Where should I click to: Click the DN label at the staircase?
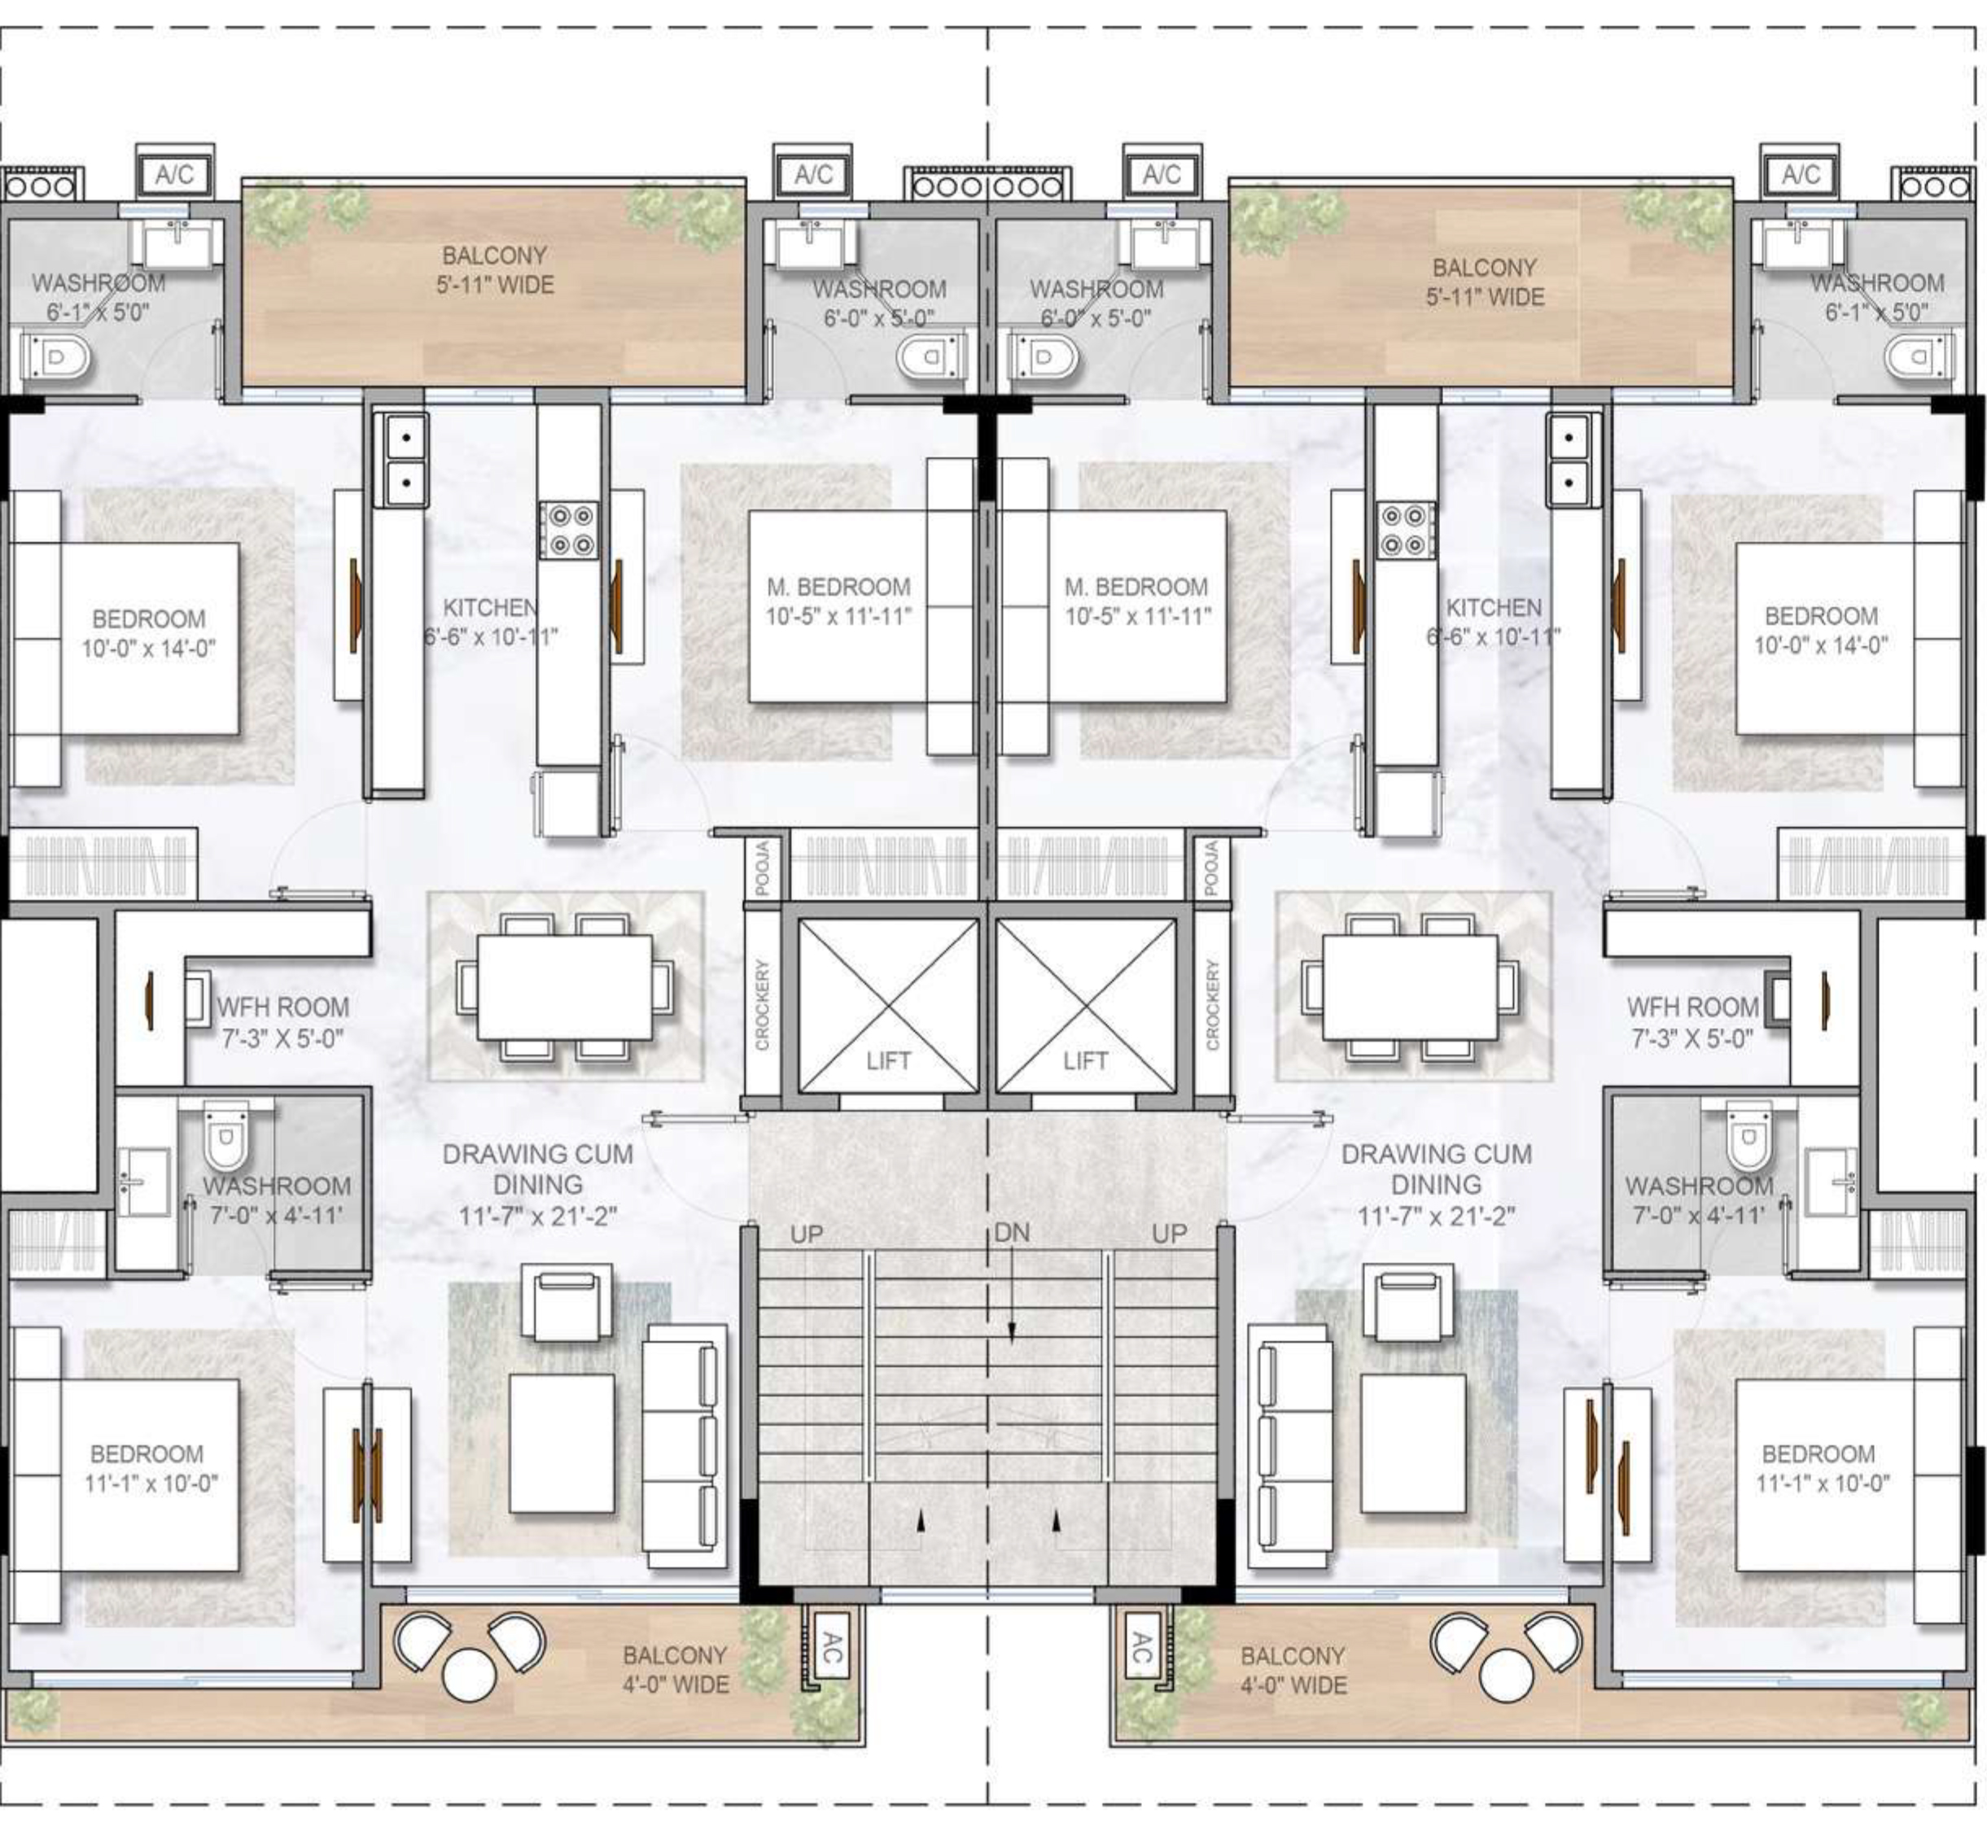(x=1012, y=1233)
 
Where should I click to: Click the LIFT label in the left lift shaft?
(x=888, y=1061)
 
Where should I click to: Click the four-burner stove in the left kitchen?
(x=569, y=530)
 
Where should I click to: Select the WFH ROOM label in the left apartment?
(x=283, y=1007)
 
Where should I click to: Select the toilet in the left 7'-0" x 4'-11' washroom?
(x=227, y=1135)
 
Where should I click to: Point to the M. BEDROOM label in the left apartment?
(x=838, y=587)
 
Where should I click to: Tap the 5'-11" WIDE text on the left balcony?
(x=496, y=286)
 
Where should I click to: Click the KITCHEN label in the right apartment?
(x=1494, y=607)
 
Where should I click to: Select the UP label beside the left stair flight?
(x=807, y=1235)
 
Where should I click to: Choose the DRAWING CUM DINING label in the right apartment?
(x=1436, y=1169)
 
